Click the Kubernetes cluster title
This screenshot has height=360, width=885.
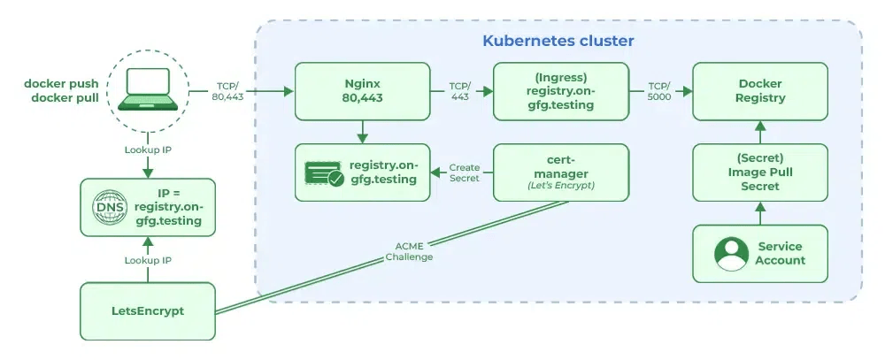coord(558,41)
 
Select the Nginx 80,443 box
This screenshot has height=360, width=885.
coord(361,91)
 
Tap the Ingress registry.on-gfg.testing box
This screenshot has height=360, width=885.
coord(560,91)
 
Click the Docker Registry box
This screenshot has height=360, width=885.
coord(760,91)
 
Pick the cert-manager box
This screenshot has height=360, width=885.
coord(560,172)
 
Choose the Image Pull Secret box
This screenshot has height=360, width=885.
coord(760,172)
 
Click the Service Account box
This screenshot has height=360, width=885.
coord(760,254)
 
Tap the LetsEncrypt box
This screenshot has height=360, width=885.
coord(148,311)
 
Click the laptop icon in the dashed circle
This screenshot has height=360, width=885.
coord(148,90)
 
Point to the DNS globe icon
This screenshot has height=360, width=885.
coord(111,208)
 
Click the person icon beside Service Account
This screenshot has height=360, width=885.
coord(731,254)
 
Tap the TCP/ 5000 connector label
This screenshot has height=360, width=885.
coord(658,91)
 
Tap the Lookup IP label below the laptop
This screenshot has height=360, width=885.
coord(148,149)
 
